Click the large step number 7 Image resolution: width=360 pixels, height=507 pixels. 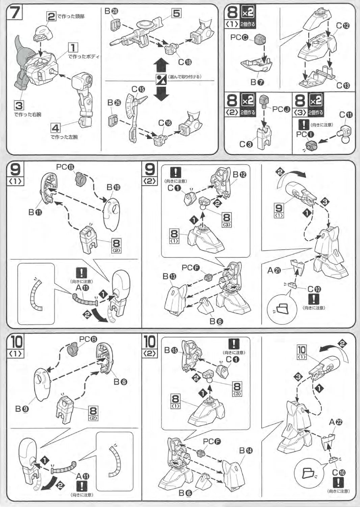coord(15,13)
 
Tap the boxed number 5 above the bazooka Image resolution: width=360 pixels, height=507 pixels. coord(176,13)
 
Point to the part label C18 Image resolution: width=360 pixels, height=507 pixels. coord(185,62)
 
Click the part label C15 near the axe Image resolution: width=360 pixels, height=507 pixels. coord(138,89)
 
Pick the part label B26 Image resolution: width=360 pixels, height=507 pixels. coord(114,102)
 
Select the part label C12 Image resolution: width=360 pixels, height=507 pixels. coord(342,26)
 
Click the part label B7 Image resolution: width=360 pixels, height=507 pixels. coord(257,82)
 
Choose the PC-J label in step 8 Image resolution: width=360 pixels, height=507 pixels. coord(281,109)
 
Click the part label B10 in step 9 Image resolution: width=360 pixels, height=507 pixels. coord(113,187)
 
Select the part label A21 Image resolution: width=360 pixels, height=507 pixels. coord(274,270)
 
